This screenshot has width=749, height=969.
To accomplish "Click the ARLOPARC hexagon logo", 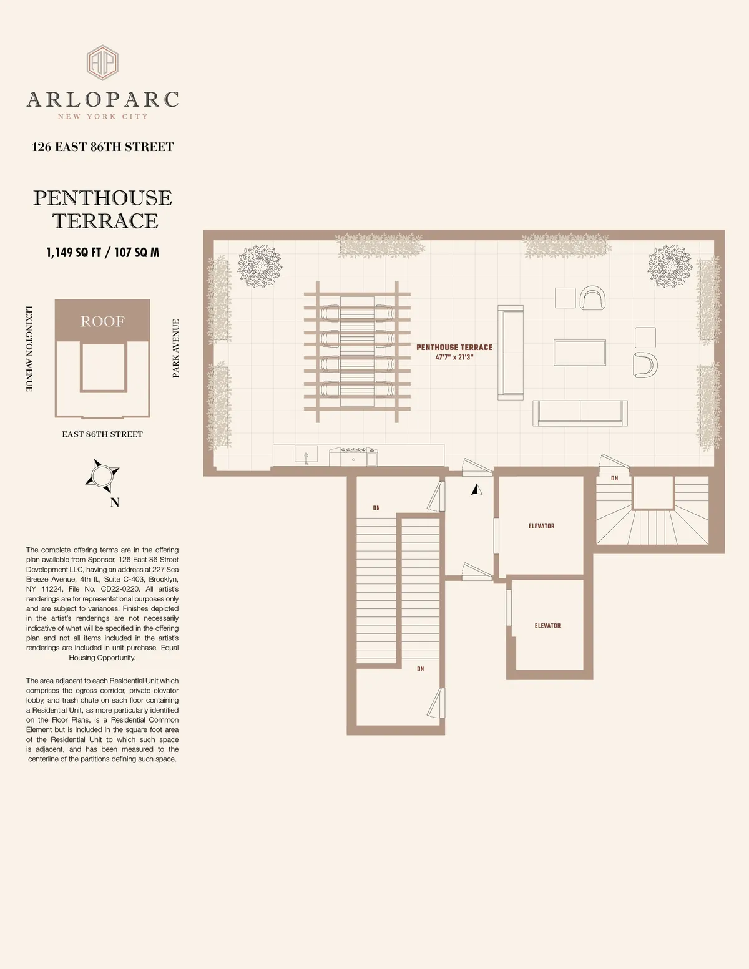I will (x=102, y=62).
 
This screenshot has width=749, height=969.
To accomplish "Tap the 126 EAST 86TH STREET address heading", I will (x=103, y=147).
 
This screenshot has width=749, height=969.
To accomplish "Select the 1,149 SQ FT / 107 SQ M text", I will (x=103, y=253).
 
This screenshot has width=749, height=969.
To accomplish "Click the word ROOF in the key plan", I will (x=102, y=321).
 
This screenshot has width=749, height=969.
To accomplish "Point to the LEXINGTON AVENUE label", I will (x=29, y=349).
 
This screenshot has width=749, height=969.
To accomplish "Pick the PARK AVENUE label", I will (x=176, y=348).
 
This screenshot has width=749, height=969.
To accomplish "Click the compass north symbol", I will (x=101, y=477).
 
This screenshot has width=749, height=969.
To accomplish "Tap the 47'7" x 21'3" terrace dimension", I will (x=454, y=358).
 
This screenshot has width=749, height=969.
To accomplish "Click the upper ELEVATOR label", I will (x=541, y=526).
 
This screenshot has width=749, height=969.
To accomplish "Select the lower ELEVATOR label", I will (x=547, y=625).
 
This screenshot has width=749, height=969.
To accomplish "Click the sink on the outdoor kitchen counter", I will (x=306, y=455).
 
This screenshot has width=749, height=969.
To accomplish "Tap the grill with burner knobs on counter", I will (x=354, y=455).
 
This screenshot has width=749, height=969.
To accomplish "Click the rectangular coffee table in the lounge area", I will (x=580, y=353).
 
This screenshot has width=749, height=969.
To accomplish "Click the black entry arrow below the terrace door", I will (x=477, y=490).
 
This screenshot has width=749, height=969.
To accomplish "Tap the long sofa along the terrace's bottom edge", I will (x=580, y=413).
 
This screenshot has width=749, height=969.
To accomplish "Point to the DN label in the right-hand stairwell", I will (x=614, y=479).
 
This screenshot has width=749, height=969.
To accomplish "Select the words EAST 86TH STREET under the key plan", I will (x=102, y=434).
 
